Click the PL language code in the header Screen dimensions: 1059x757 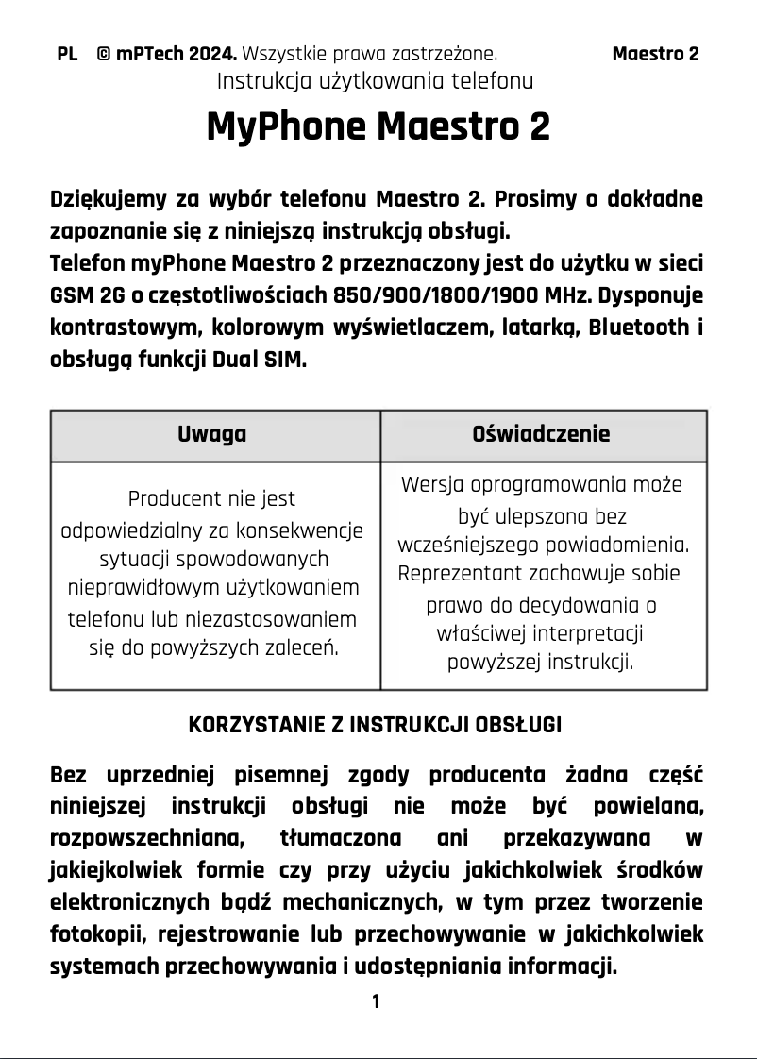[67, 54]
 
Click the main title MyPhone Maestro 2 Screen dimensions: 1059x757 [378, 126]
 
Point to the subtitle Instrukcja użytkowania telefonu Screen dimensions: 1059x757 [375, 81]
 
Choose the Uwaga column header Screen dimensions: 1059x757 [212, 434]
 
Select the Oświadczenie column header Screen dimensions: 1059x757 [541, 434]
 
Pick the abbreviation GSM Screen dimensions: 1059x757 [70, 296]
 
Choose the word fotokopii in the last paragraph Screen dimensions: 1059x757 [93, 934]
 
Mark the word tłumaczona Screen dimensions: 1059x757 [340, 838]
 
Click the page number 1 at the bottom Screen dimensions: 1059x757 [376, 1001]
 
